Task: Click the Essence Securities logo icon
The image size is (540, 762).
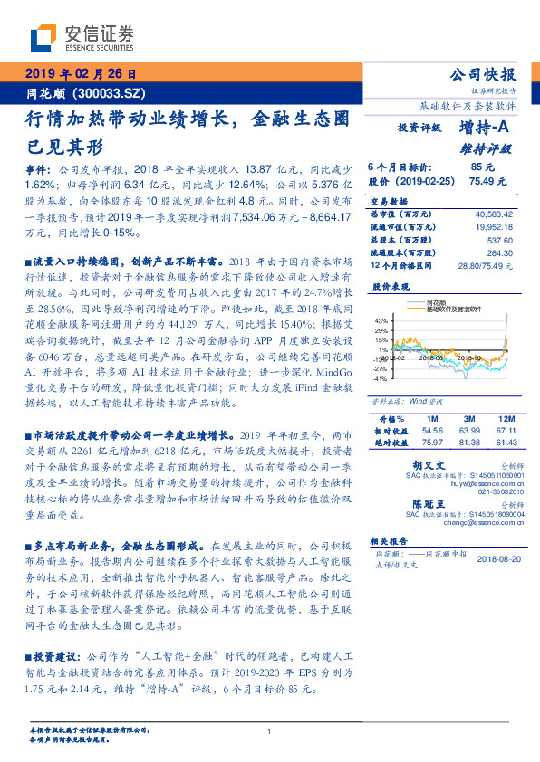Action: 43,38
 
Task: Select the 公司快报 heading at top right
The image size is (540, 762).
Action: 486,75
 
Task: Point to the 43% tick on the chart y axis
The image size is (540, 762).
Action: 382,319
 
